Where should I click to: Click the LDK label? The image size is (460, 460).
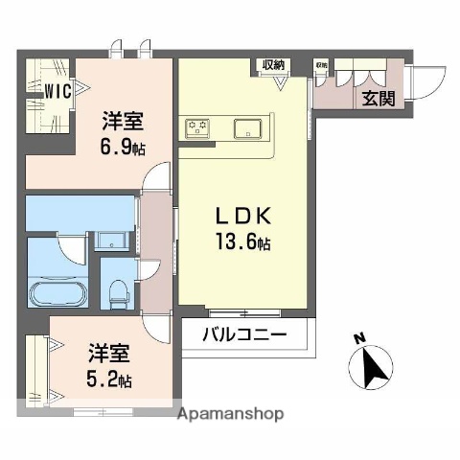(x=241, y=218)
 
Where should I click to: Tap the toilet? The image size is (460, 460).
(x=117, y=290)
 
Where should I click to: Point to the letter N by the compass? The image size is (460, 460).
(x=357, y=337)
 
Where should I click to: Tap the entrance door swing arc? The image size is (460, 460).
(x=426, y=81)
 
